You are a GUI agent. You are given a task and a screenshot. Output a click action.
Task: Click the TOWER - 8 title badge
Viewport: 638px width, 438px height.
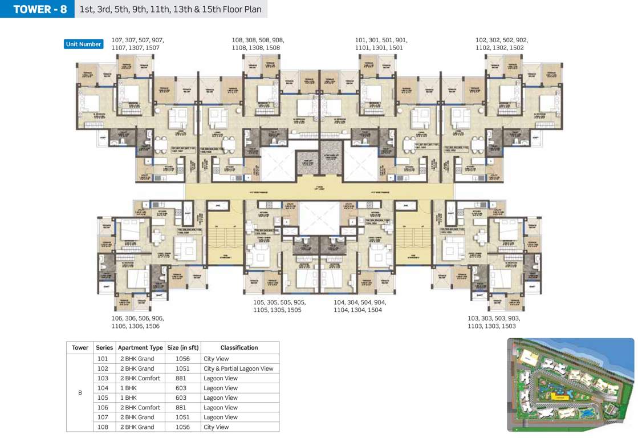tap(38, 9)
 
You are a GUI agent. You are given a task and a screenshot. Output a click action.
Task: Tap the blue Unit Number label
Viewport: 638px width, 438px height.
tap(84, 44)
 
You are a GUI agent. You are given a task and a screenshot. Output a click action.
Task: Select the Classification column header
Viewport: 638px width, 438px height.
tap(239, 347)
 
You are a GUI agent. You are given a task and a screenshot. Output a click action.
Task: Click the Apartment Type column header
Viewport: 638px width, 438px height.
tap(140, 347)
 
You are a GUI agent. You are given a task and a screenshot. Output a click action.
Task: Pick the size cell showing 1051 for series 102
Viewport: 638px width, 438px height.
tap(177, 368)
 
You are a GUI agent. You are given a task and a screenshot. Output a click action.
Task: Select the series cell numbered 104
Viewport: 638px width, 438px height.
tap(103, 388)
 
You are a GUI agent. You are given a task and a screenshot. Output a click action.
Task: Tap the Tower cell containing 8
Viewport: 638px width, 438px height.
tap(80, 392)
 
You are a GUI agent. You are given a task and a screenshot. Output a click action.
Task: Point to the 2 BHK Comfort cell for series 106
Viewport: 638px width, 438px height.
tap(140, 407)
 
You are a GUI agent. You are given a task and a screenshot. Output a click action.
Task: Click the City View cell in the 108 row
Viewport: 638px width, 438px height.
tap(216, 427)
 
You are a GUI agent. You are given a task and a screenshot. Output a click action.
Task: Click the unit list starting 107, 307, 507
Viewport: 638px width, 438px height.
tap(137, 44)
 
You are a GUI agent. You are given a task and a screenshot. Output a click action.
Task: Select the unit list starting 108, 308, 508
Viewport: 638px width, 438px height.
tap(258, 44)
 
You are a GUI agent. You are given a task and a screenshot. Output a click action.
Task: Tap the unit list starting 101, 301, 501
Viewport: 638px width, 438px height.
tap(381, 44)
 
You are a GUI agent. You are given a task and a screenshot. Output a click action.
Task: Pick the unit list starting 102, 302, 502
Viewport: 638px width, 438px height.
tap(502, 44)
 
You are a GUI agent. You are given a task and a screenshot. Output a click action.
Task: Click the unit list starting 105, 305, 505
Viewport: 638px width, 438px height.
tap(279, 306)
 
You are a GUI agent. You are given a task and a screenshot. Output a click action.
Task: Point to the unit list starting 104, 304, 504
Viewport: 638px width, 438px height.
tap(360, 306)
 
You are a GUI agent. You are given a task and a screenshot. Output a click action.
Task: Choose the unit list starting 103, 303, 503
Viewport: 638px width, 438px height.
tap(494, 322)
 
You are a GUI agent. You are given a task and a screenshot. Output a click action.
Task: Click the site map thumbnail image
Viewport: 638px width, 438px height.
tap(570, 385)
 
